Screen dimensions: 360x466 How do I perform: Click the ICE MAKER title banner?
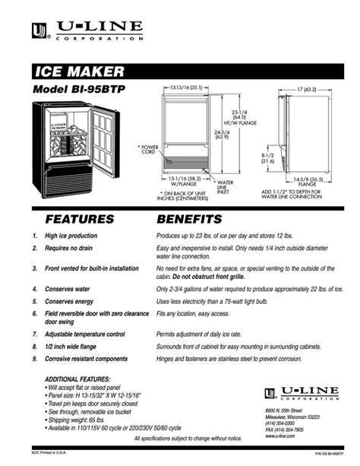(x=80, y=72)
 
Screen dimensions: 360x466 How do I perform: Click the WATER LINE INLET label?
(x=226, y=187)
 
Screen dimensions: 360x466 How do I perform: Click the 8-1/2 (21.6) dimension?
(x=268, y=158)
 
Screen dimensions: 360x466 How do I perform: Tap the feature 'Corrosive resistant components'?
(x=86, y=357)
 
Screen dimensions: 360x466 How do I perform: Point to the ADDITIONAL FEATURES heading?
(x=77, y=379)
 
